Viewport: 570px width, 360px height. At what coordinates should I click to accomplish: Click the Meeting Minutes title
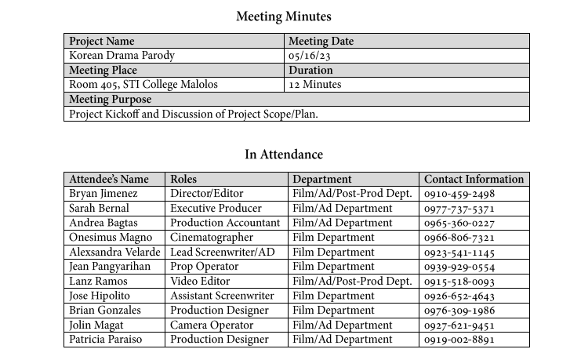click(284, 16)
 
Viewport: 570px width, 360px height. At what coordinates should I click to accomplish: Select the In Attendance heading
click(284, 155)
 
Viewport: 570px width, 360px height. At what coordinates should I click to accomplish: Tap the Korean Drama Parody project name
click(122, 56)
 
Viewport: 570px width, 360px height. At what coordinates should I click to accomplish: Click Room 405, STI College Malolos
click(143, 85)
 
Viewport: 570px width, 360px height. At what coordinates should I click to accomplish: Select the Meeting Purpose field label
click(111, 100)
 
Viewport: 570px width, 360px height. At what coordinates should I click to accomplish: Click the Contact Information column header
click(474, 180)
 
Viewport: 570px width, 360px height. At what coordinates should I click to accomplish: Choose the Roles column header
click(183, 180)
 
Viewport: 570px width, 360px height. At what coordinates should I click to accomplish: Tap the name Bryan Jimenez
click(103, 194)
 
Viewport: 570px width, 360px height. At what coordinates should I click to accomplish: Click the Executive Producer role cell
click(216, 209)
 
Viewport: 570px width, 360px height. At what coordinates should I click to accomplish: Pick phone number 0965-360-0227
click(459, 224)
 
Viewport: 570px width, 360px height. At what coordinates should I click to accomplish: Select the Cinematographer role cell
click(212, 238)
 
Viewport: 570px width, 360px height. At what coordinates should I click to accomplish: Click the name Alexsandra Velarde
click(114, 253)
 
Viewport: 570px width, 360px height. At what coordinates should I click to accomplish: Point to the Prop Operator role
click(204, 267)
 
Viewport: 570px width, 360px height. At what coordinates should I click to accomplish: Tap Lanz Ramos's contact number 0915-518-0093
click(459, 282)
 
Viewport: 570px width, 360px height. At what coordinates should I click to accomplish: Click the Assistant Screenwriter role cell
click(222, 296)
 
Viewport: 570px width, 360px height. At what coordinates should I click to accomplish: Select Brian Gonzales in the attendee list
click(106, 311)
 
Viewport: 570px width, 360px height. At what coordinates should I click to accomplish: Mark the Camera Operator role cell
click(211, 325)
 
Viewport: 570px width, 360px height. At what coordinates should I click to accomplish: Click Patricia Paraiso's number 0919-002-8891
click(459, 340)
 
